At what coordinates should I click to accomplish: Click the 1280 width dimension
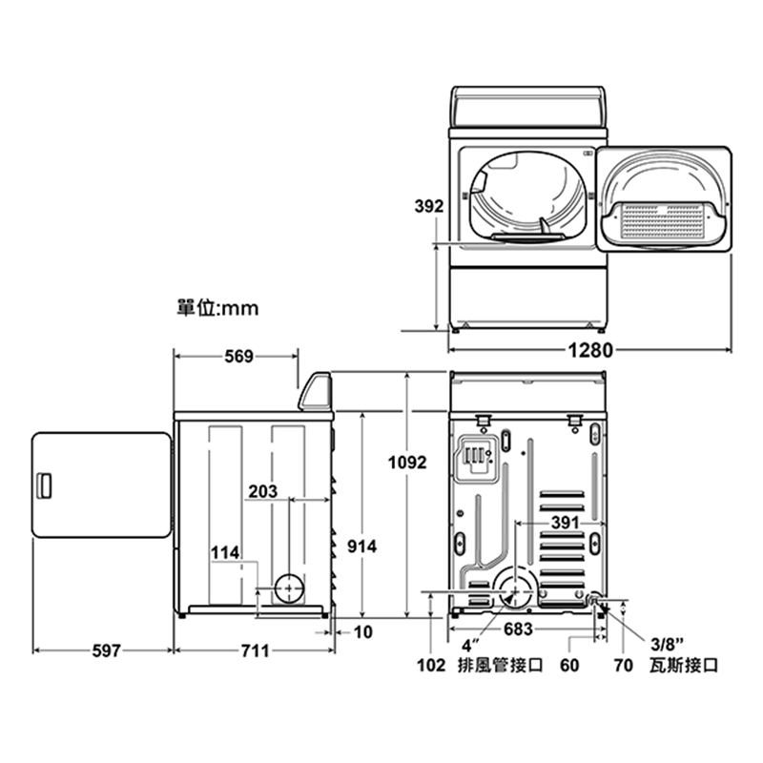(590, 350)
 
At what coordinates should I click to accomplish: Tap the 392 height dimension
(428, 206)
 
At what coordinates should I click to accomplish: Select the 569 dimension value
(239, 357)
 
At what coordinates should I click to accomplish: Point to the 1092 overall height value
(407, 463)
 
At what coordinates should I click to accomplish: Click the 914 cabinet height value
(362, 546)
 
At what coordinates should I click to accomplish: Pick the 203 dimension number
(263, 491)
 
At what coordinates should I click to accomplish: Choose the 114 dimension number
(225, 553)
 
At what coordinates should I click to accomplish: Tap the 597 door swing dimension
(107, 650)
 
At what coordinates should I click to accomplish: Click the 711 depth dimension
(256, 650)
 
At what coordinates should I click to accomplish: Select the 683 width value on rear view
(518, 629)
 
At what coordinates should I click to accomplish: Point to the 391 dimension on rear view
(565, 523)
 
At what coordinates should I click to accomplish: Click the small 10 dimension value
(363, 632)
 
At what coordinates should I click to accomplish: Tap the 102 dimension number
(431, 665)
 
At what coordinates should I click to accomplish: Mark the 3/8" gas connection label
(667, 645)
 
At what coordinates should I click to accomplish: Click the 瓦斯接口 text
(684, 665)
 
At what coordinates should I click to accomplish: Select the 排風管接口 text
(500, 665)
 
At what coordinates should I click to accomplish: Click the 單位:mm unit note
(217, 308)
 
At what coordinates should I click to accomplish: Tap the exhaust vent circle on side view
(289, 588)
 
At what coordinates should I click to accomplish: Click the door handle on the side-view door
(44, 485)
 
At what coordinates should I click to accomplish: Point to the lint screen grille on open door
(663, 222)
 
